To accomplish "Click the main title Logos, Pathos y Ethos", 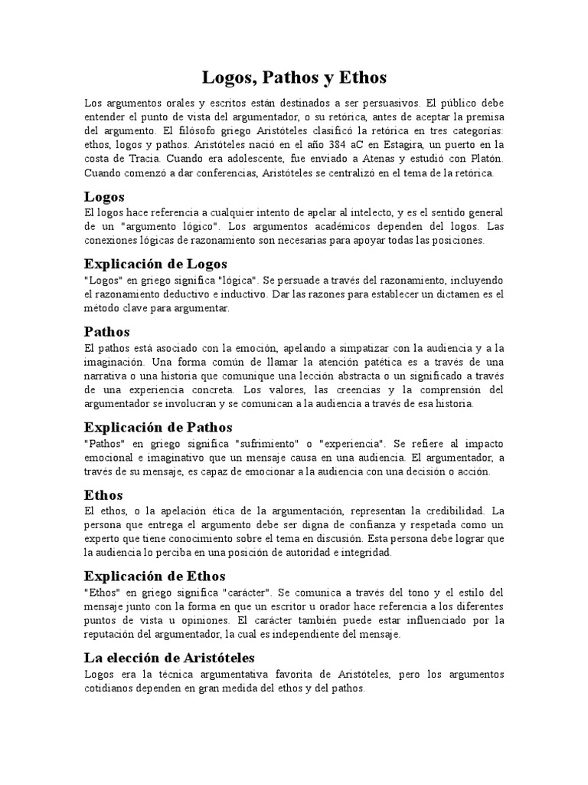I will [294, 77].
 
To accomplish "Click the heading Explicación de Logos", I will [156, 264].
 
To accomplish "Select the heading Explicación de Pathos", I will [158, 427].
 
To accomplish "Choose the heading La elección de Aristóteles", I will [168, 658].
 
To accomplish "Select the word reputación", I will [113, 634].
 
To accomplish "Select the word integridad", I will [366, 552].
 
